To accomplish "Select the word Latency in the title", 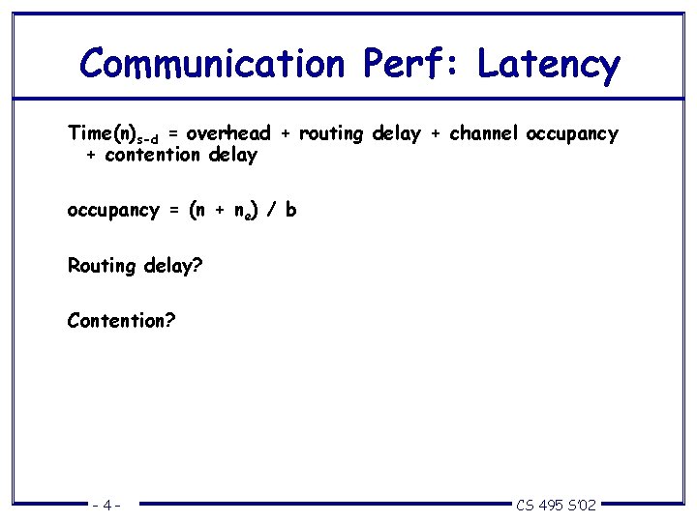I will click(x=548, y=64).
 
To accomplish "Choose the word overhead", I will click(x=227, y=133).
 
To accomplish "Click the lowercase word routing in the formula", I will click(x=328, y=133).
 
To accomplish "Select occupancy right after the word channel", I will click(x=571, y=134).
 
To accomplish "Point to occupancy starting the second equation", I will click(x=112, y=210).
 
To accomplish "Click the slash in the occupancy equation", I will click(x=271, y=210).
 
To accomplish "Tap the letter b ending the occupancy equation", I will click(x=291, y=209).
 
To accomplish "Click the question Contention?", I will click(x=121, y=319).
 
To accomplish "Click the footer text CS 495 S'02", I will click(x=557, y=505).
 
